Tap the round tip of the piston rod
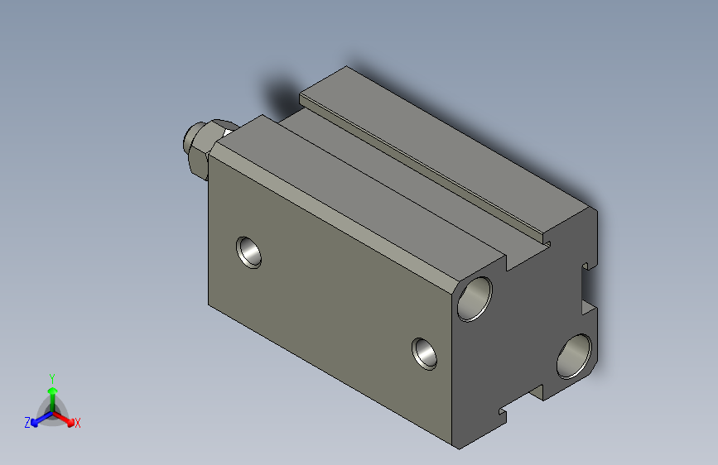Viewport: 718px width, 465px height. pyautogui.click(x=190, y=140)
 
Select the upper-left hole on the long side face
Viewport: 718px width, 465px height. pyautogui.click(x=248, y=252)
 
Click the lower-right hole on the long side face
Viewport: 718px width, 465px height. pyautogui.click(x=426, y=353)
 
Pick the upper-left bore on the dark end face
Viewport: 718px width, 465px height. pyautogui.click(x=475, y=299)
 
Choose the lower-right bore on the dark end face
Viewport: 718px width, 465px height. pyautogui.click(x=574, y=356)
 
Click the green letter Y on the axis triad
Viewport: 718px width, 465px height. pyautogui.click(x=52, y=376)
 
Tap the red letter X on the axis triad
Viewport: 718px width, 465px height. pyautogui.click(x=78, y=424)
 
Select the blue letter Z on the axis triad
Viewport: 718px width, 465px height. pyautogui.click(x=27, y=423)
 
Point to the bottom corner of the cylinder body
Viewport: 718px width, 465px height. pyautogui.click(x=458, y=447)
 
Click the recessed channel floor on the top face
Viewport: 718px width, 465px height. pyautogui.click(x=398, y=190)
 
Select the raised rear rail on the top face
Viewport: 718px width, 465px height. pyautogui.click(x=447, y=149)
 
